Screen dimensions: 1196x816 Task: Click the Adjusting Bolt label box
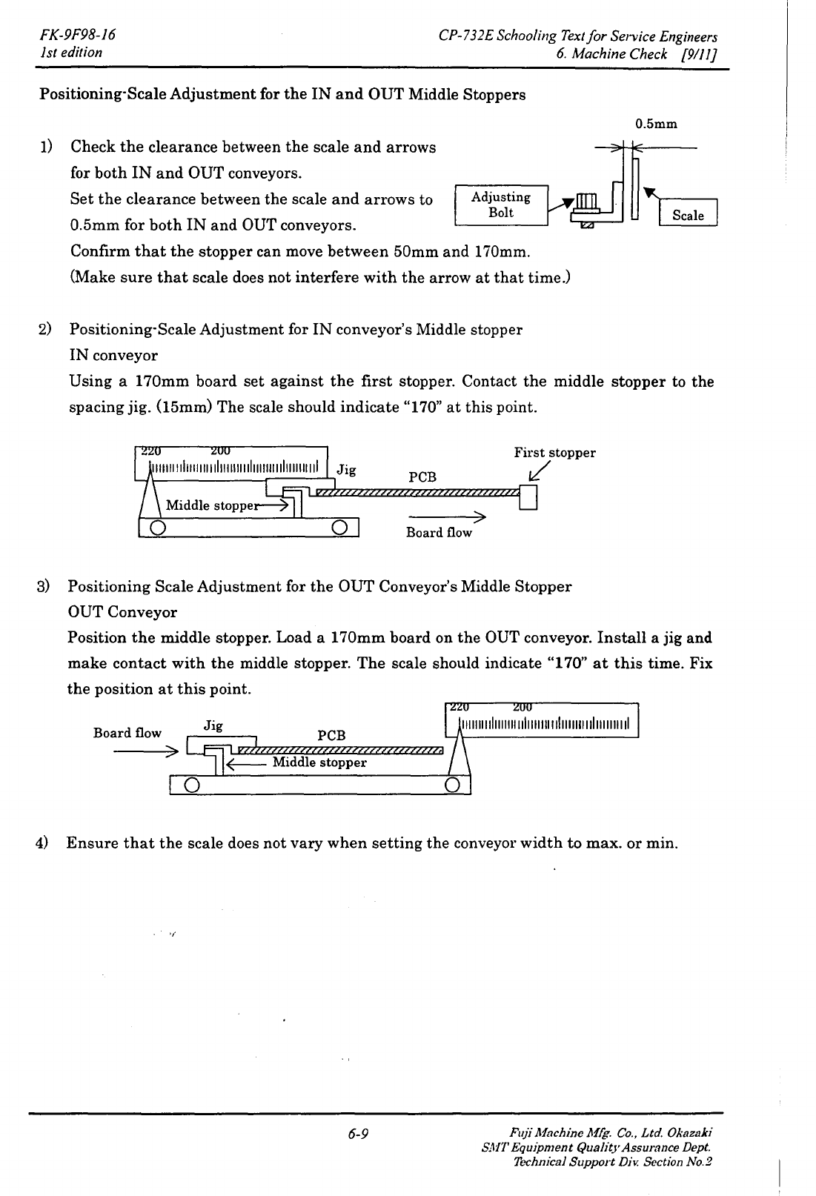[500, 205]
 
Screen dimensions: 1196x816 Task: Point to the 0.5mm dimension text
[656, 124]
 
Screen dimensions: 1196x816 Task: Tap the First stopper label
[554, 453]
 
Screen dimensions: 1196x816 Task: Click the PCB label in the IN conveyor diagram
[422, 477]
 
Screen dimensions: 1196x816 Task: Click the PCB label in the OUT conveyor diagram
[331, 735]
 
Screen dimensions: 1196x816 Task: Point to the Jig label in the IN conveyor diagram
[346, 469]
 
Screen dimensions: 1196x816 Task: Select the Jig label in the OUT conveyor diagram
[213, 725]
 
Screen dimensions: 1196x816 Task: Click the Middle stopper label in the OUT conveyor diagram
[319, 763]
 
